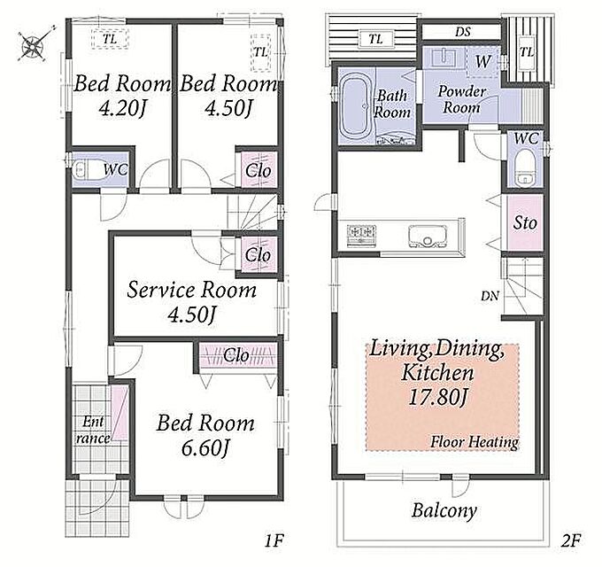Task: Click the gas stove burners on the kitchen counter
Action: pyautogui.click(x=361, y=234)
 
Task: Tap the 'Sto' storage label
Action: pyautogui.click(x=525, y=222)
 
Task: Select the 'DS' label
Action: pyautogui.click(x=463, y=32)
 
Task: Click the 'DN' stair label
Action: pyautogui.click(x=490, y=296)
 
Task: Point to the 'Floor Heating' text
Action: pyautogui.click(x=475, y=442)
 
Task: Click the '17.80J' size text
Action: pyautogui.click(x=437, y=397)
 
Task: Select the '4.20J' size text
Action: pyautogui.click(x=123, y=109)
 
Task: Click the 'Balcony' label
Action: pyautogui.click(x=444, y=511)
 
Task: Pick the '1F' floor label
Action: pyautogui.click(x=274, y=540)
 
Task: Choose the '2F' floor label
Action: pyautogui.click(x=570, y=540)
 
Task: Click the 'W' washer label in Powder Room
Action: pyautogui.click(x=483, y=61)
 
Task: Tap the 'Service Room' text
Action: pyautogui.click(x=191, y=290)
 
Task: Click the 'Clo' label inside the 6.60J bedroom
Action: pyautogui.click(x=235, y=355)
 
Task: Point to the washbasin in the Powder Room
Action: pyautogui.click(x=444, y=58)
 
